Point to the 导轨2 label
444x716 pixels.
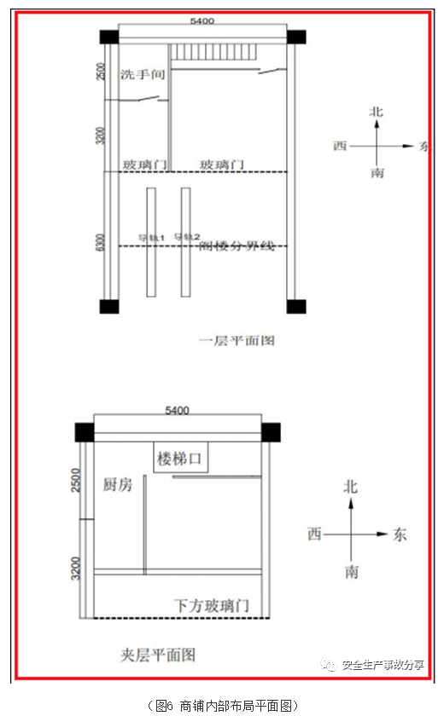(x=186, y=237)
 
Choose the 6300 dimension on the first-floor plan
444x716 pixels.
(x=101, y=243)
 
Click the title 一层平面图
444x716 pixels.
(x=237, y=340)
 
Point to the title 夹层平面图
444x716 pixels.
(x=157, y=655)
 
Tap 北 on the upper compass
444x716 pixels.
(x=376, y=112)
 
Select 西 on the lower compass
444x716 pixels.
(x=314, y=534)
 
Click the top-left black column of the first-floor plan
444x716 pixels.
(x=108, y=38)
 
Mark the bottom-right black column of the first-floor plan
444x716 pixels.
(x=295, y=306)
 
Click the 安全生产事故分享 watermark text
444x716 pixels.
(x=382, y=666)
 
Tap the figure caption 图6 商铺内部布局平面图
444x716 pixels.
(x=222, y=705)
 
